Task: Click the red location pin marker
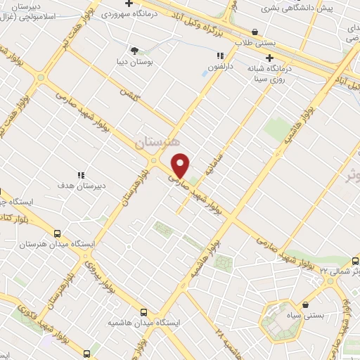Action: [x=181, y=165]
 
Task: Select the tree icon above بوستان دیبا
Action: [x=134, y=50]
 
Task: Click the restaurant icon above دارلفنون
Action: [x=220, y=56]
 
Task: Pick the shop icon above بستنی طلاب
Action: [x=254, y=32]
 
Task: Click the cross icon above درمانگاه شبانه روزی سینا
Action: [x=268, y=60]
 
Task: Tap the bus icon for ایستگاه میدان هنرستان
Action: [x=57, y=233]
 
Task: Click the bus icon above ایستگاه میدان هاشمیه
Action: [x=144, y=311]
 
